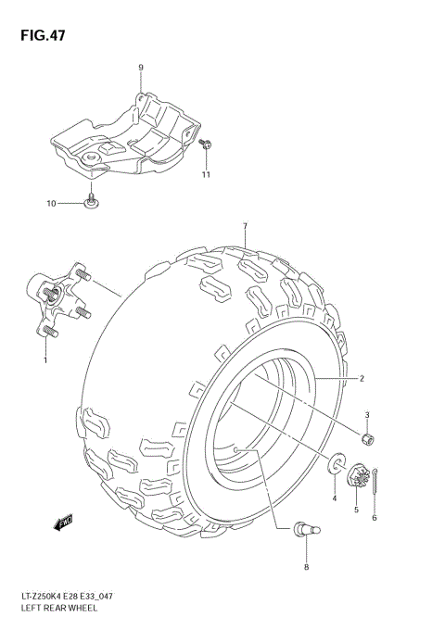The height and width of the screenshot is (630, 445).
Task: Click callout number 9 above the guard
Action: pos(141,68)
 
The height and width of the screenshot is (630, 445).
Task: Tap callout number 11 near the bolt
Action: pos(207,174)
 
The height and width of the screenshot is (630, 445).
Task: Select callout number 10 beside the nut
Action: pos(52,202)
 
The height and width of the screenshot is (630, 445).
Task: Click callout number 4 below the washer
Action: pos(335,500)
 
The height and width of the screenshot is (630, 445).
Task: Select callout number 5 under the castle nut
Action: pos(355,509)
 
